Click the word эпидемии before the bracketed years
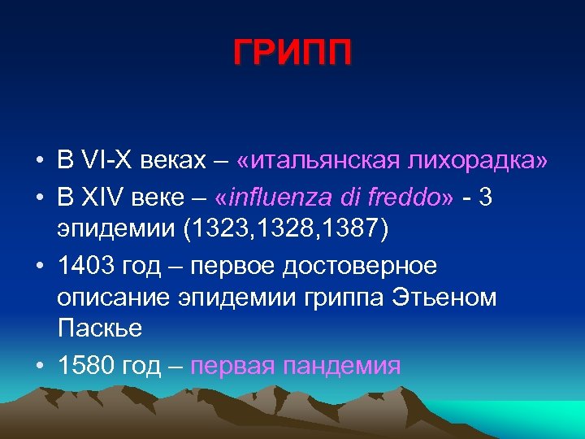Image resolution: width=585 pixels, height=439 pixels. click(x=117, y=229)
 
